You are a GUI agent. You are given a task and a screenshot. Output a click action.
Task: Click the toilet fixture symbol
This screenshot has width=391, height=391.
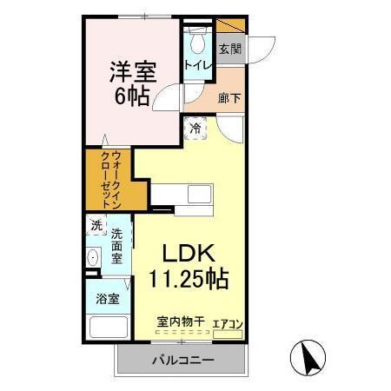pyautogui.click(x=195, y=39)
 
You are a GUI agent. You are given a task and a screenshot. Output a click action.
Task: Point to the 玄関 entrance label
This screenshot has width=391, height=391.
pyautogui.click(x=229, y=49)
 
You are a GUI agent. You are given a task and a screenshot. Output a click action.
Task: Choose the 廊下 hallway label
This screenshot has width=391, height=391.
pyautogui.click(x=229, y=98)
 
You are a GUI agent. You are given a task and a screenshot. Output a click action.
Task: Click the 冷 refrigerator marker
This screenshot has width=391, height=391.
pyautogui.click(x=195, y=129)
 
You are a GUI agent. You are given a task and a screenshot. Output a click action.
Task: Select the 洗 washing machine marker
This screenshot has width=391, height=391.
pyautogui.click(x=96, y=226)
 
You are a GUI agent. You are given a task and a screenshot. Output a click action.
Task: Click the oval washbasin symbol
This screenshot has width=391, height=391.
pyautogui.click(x=93, y=258)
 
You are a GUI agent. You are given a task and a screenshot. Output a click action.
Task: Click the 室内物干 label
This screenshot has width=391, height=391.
pyautogui.click(x=181, y=322)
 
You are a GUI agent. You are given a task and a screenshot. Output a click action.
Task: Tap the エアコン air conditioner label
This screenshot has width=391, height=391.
pyautogui.click(x=228, y=323)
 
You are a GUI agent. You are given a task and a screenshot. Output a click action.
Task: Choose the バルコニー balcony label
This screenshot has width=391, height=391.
pyautogui.click(x=178, y=359)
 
